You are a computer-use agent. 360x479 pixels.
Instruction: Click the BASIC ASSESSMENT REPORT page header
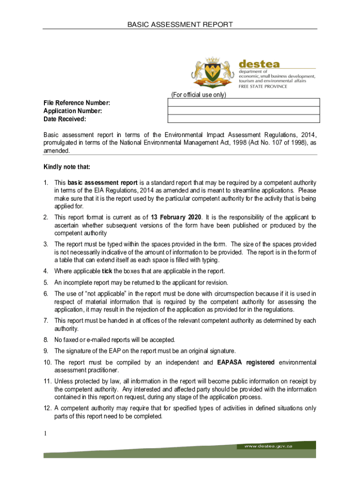pyautogui.click(x=180, y=24)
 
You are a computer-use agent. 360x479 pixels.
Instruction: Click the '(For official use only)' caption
pyautogui.click(x=198, y=95)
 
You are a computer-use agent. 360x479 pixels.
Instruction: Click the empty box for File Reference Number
pyautogui.click(x=244, y=103)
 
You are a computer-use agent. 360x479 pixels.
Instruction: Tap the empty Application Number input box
pyautogui.click(x=244, y=111)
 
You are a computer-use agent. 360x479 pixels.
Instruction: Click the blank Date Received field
pyautogui.click(x=244, y=119)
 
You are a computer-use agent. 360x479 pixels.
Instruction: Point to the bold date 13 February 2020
pyautogui.click(x=175, y=218)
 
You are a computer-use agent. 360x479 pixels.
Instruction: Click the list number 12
pyautogui.click(x=47, y=408)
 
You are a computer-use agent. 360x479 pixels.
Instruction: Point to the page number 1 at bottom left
pyautogui.click(x=46, y=434)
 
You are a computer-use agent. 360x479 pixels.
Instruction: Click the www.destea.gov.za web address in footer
pyautogui.click(x=268, y=446)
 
